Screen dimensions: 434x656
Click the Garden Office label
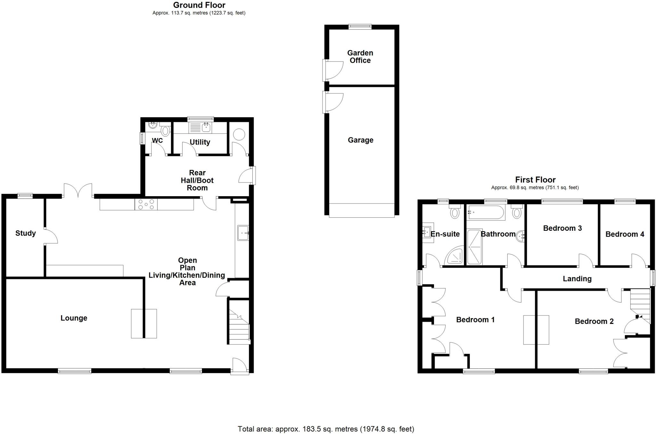(x=360, y=57)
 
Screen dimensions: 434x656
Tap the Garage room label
(x=360, y=140)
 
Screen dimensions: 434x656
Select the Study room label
(x=25, y=233)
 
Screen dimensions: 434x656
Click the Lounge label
(x=74, y=318)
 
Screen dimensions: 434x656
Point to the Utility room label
(x=200, y=142)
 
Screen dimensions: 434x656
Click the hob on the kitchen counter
(x=146, y=204)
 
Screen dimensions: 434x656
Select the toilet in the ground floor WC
(x=165, y=131)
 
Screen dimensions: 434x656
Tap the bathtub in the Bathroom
(x=486, y=212)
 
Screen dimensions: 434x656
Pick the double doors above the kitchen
(x=78, y=190)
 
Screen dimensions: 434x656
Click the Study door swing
(x=51, y=237)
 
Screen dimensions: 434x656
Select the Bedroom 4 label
(x=625, y=234)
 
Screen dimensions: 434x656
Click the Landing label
(x=577, y=279)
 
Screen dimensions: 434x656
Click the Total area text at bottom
(x=326, y=429)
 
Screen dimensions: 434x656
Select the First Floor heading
(x=535, y=180)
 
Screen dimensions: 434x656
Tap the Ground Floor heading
(x=199, y=5)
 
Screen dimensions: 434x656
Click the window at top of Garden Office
(x=360, y=27)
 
